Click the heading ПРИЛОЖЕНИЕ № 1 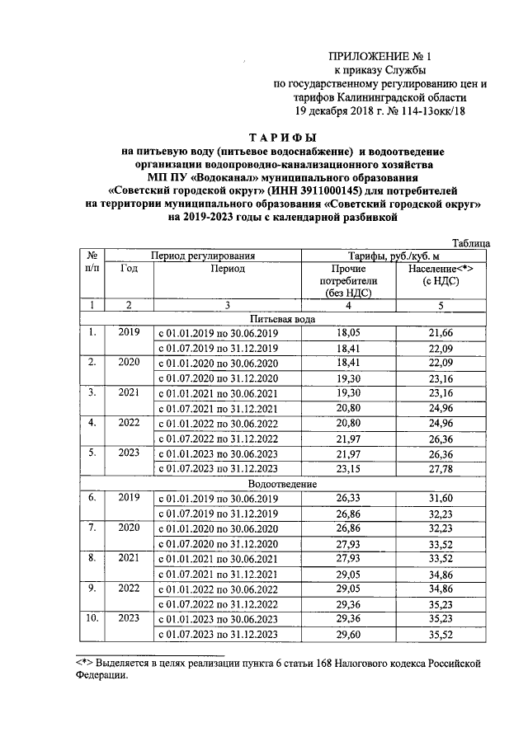coord(380,57)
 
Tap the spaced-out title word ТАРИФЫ coord(283,138)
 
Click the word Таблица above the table coord(473,243)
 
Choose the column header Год coord(128,268)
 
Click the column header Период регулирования coord(202,256)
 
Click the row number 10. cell coord(93,618)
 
